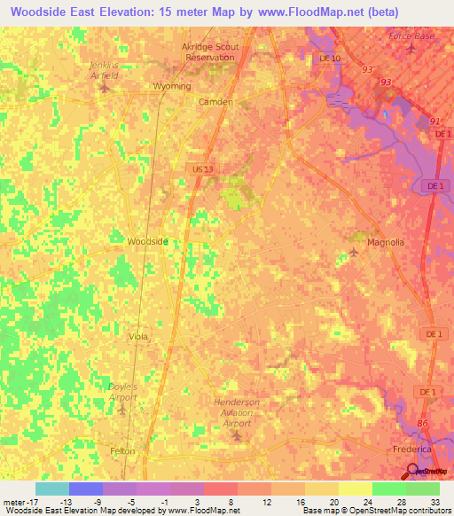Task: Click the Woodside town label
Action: [147, 241]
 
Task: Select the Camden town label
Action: [215, 102]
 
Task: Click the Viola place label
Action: [137, 337]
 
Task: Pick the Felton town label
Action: [122, 451]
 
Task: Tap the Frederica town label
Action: [412, 450]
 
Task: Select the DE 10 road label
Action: [329, 59]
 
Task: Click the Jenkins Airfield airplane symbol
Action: [106, 87]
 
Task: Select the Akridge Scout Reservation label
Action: [209, 51]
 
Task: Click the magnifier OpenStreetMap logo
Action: [412, 472]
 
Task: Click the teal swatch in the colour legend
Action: [52, 489]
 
